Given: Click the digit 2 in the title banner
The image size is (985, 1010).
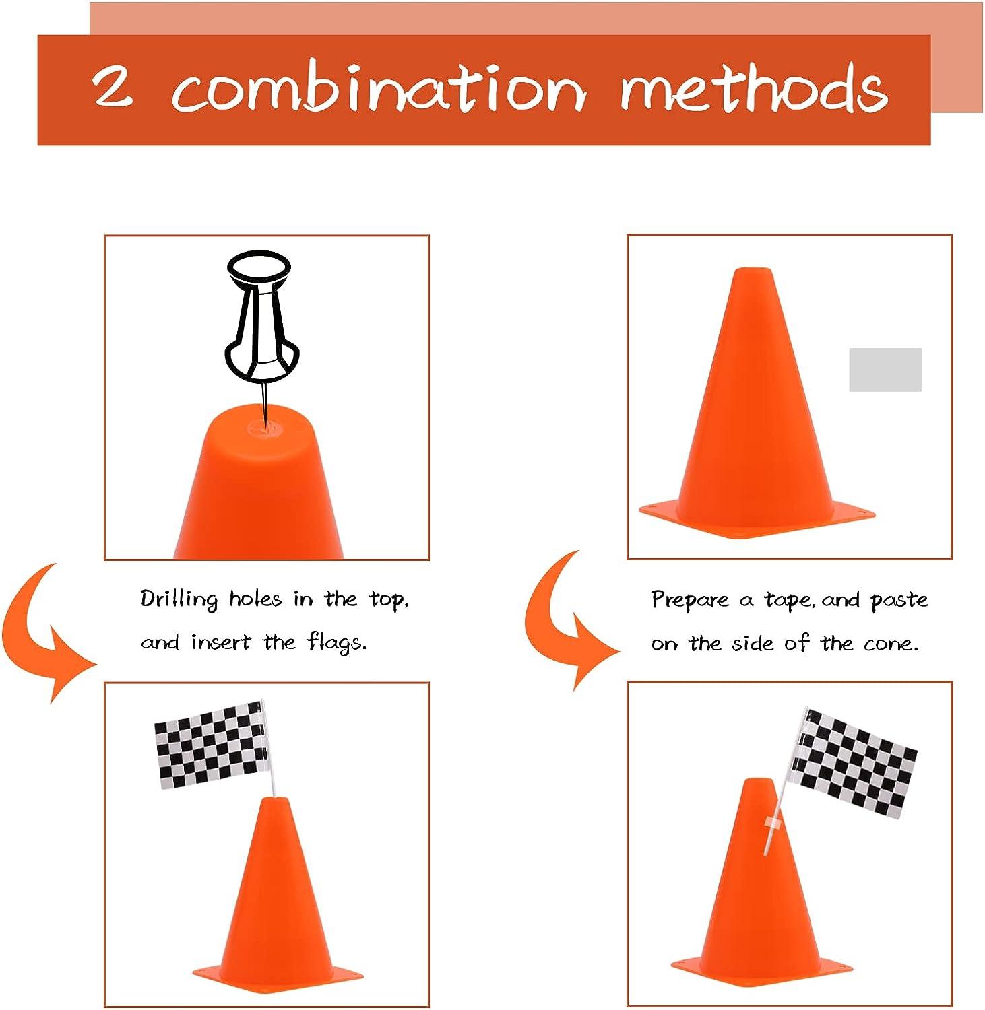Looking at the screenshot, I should (113, 87).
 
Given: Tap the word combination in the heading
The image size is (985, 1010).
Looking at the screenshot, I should (378, 88).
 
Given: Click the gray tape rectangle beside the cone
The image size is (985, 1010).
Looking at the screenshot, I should (885, 370).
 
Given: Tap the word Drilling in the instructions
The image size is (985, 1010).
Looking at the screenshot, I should (179, 599).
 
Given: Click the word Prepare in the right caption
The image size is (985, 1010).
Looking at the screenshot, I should (690, 600).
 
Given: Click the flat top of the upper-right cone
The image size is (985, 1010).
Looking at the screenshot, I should (753, 270).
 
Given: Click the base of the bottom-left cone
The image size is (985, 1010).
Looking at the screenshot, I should (278, 974).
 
